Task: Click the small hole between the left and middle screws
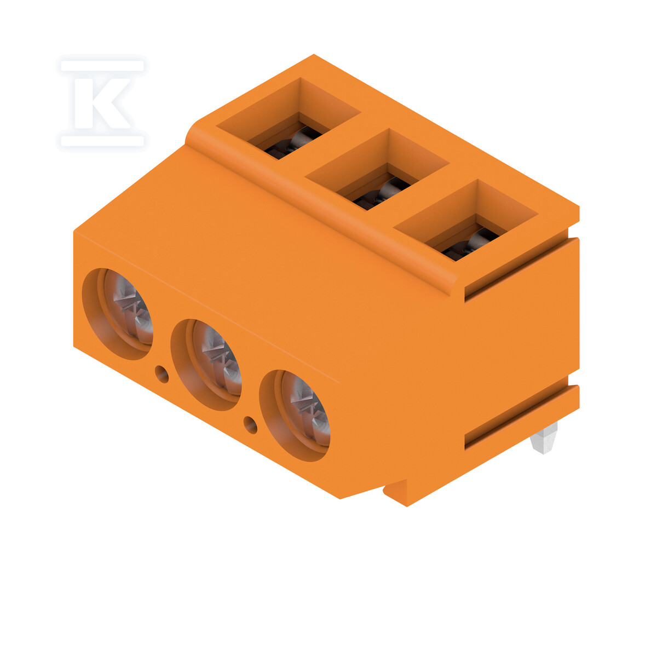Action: point(162,374)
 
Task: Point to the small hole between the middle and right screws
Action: point(251,425)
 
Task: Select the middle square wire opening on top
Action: point(377,169)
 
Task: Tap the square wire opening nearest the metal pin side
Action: point(466,220)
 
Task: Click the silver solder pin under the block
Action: point(544,438)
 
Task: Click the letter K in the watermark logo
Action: point(102,103)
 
